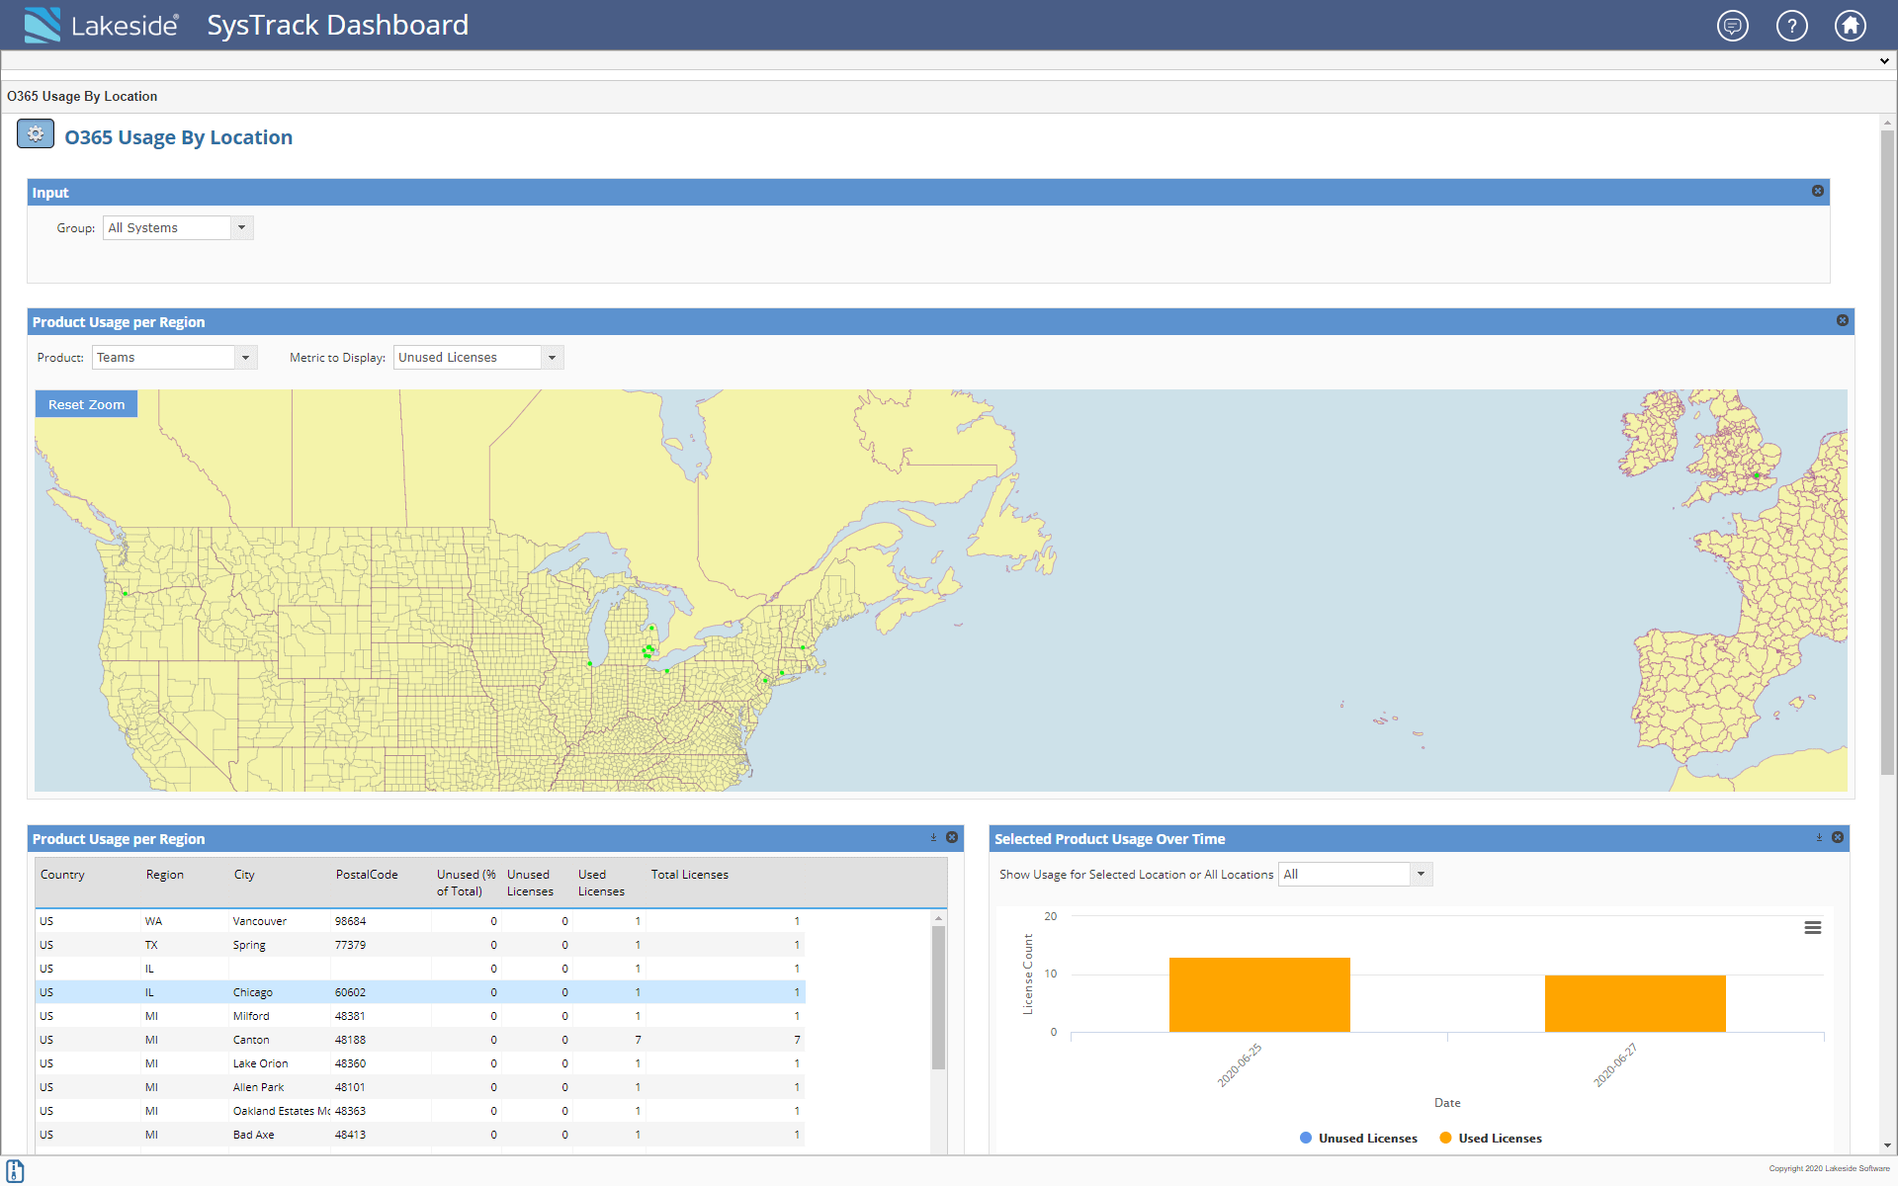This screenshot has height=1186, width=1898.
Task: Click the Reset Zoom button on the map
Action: pos(86,404)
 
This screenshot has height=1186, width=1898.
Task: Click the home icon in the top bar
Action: pos(1850,26)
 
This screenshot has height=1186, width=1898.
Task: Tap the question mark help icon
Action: pos(1791,26)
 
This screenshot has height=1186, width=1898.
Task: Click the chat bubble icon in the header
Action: pos(1732,26)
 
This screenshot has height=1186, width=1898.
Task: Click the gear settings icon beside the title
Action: pos(36,134)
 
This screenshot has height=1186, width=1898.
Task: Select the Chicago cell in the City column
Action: pos(253,992)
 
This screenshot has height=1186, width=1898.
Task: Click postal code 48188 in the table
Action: pos(350,1040)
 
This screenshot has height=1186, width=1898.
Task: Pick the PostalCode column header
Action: pos(367,875)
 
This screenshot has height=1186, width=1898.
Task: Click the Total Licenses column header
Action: pos(689,875)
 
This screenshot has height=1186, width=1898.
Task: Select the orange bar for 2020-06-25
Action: pos(1259,994)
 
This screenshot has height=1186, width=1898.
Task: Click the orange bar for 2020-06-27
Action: pos(1635,1003)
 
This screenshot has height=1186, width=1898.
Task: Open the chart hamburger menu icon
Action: pos(1812,927)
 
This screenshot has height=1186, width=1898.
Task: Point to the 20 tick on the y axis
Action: pos(1051,916)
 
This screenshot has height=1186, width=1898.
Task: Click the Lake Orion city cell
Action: pos(261,1063)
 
